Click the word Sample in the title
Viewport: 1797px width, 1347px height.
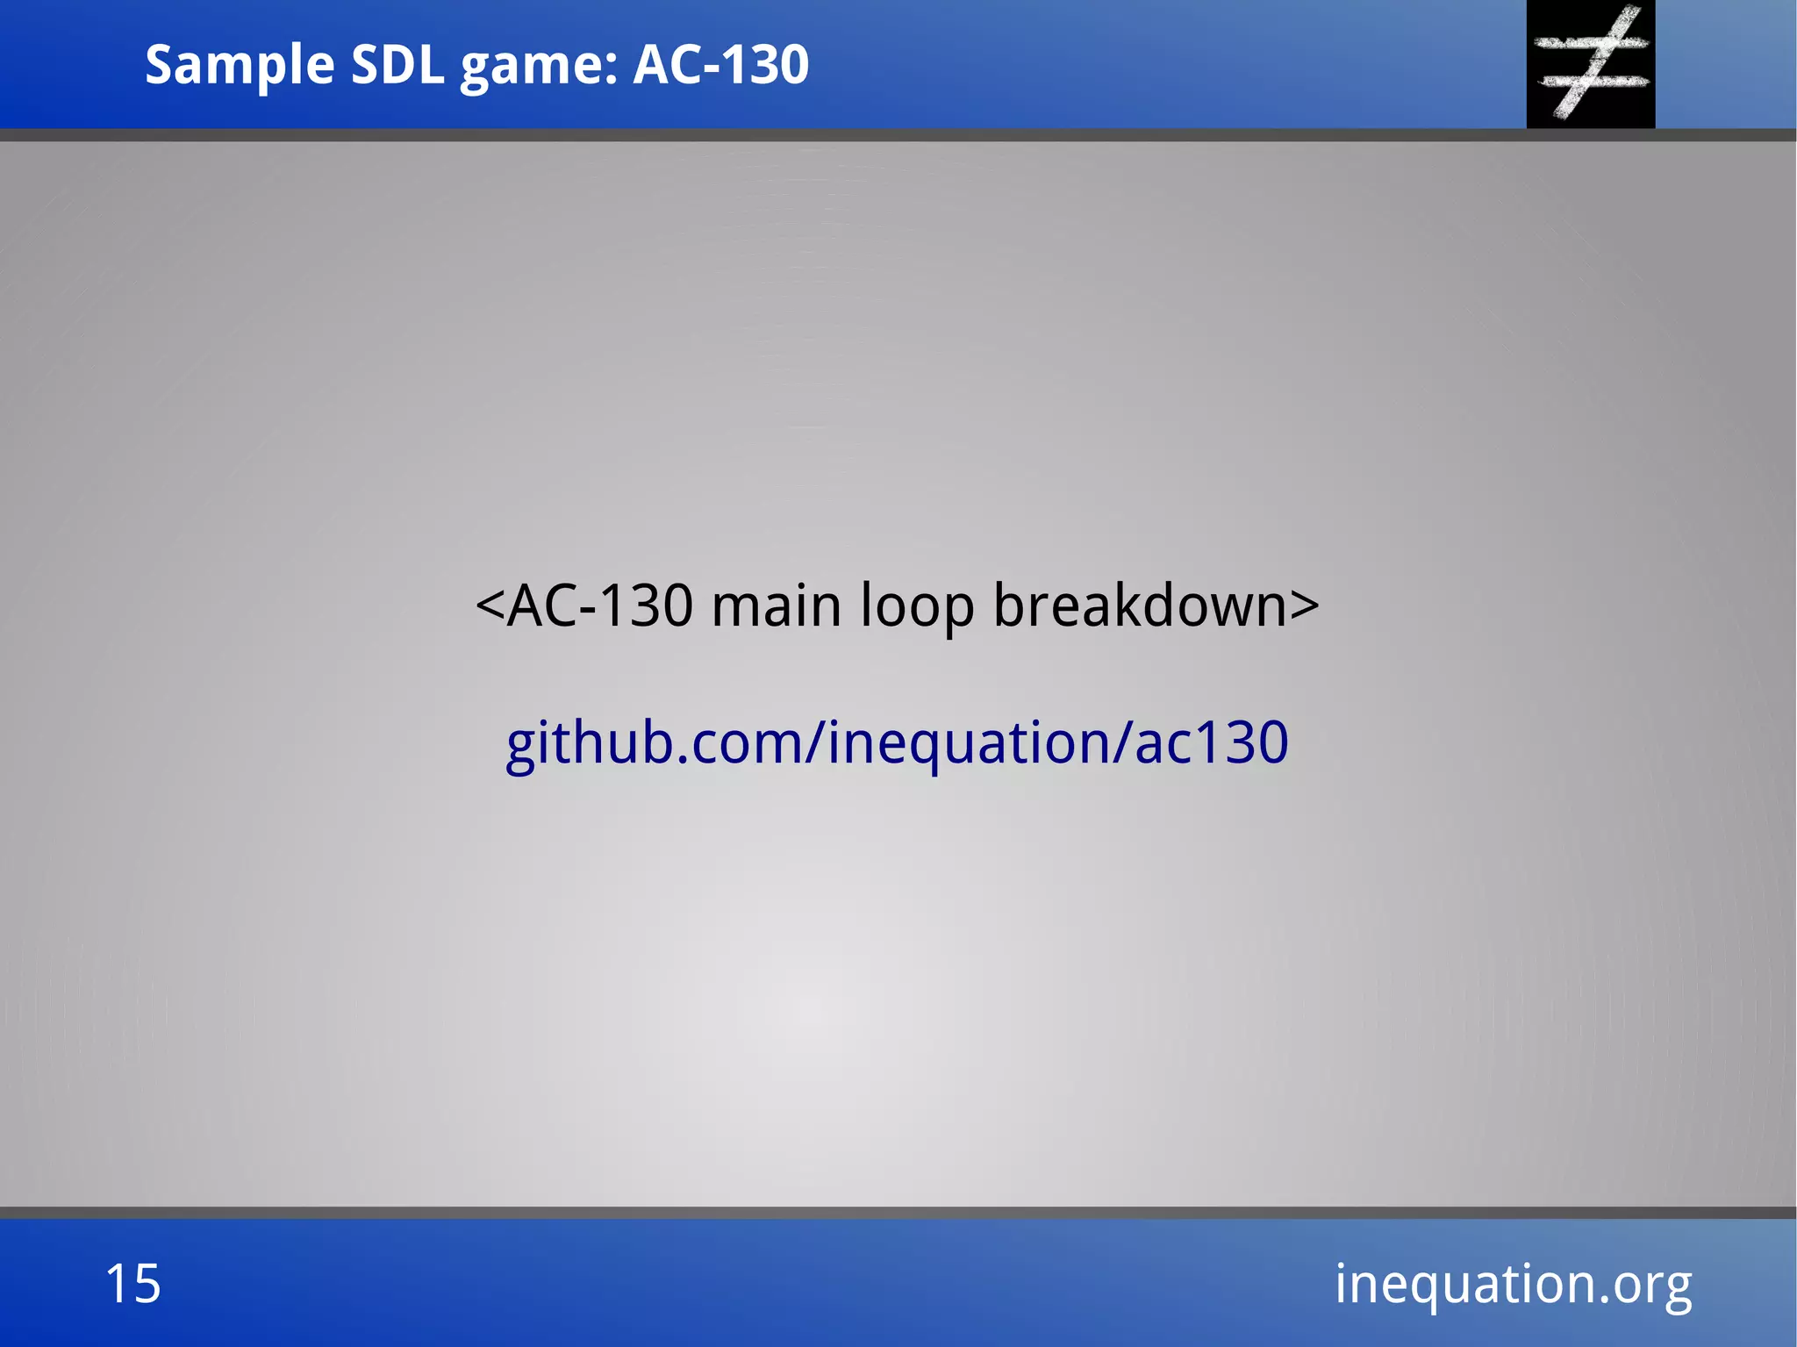[239, 65]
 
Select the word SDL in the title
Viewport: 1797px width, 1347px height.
[397, 65]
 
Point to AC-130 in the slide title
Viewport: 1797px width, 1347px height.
[720, 65]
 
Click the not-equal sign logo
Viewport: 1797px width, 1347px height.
[1591, 63]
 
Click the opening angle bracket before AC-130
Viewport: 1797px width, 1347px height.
[490, 605]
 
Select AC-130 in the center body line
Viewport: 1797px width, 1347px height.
[600, 605]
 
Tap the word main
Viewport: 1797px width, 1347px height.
[777, 605]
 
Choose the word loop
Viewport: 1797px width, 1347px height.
[917, 605]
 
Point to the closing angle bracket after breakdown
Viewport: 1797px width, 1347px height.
[1305, 605]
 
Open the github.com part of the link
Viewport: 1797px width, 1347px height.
[653, 742]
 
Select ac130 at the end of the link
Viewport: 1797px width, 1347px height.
[1212, 742]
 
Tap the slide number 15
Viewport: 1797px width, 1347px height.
[133, 1284]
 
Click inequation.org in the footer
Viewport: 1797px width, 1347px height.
[1513, 1284]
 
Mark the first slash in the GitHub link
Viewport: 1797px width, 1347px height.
[814, 742]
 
